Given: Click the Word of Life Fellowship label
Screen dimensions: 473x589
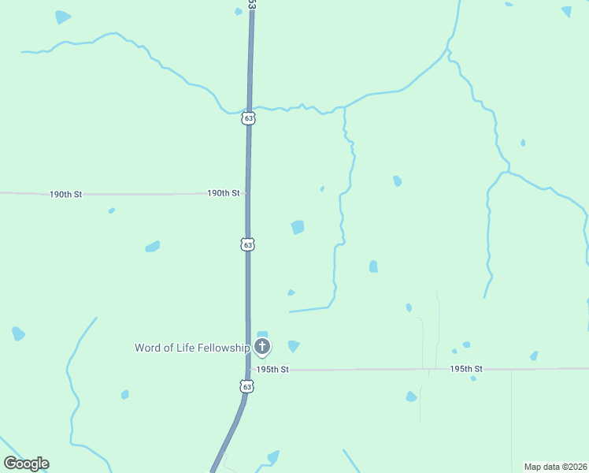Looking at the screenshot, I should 192,348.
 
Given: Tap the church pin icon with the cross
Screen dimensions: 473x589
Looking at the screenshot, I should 262,347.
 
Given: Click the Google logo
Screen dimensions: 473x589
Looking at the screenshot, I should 26,464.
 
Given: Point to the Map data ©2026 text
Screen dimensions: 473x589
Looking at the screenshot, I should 555,467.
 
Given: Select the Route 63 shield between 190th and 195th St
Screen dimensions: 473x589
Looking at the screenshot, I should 248,245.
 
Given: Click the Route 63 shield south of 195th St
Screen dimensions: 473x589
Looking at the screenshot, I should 247,386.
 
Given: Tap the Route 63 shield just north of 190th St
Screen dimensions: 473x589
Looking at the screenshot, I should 248,118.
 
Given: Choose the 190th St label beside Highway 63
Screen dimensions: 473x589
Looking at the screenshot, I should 223,193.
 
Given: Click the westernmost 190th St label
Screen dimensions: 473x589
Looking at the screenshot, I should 65,194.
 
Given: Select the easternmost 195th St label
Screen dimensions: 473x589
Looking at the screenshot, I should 465,369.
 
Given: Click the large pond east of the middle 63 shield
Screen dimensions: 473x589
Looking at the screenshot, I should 298,227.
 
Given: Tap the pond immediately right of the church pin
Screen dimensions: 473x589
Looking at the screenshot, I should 294,345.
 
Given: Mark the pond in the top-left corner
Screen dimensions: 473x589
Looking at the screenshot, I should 63,17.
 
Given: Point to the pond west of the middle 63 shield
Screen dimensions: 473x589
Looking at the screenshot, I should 153,247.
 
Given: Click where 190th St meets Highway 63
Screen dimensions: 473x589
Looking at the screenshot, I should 248,193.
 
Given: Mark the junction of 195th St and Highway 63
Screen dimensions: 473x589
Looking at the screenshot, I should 249,369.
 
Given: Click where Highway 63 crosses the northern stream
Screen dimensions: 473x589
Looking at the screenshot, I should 249,109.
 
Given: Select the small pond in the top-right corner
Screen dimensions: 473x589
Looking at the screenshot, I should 567,11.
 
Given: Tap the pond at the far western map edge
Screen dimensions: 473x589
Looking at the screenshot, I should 18,334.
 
